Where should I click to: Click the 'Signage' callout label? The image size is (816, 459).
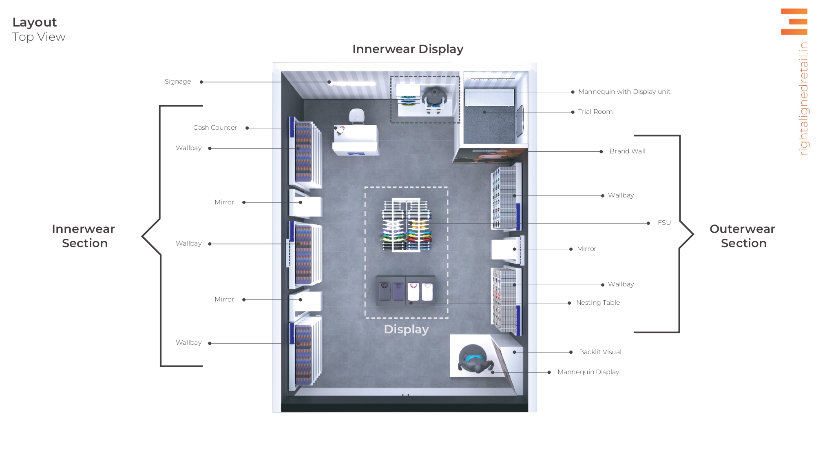pyautogui.click(x=177, y=82)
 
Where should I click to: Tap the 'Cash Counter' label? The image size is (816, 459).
pyautogui.click(x=215, y=128)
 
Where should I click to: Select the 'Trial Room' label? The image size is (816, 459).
pyautogui.click(x=595, y=112)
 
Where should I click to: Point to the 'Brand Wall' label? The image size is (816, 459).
pyautogui.click(x=627, y=151)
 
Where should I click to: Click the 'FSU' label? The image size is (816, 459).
pyautogui.click(x=664, y=223)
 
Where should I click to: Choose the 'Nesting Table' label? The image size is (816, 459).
pyautogui.click(x=598, y=303)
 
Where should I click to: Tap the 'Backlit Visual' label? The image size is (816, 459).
pyautogui.click(x=600, y=352)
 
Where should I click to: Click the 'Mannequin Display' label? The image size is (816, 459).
pyautogui.click(x=588, y=372)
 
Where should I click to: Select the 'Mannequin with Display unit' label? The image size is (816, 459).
pyautogui.click(x=624, y=92)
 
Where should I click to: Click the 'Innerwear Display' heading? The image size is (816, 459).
pyautogui.click(x=407, y=49)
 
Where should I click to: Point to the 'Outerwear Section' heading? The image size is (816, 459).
pyautogui.click(x=742, y=236)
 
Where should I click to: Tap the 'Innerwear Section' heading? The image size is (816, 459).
pyautogui.click(x=84, y=236)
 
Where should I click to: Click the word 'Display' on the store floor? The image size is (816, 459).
pyautogui.click(x=406, y=329)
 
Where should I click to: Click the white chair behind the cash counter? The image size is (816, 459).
pyautogui.click(x=357, y=116)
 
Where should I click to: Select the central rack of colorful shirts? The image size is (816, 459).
pyautogui.click(x=406, y=225)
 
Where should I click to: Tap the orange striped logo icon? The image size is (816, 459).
pyautogui.click(x=794, y=22)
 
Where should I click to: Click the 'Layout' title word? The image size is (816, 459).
pyautogui.click(x=35, y=22)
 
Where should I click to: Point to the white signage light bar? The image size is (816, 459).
pyautogui.click(x=353, y=83)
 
